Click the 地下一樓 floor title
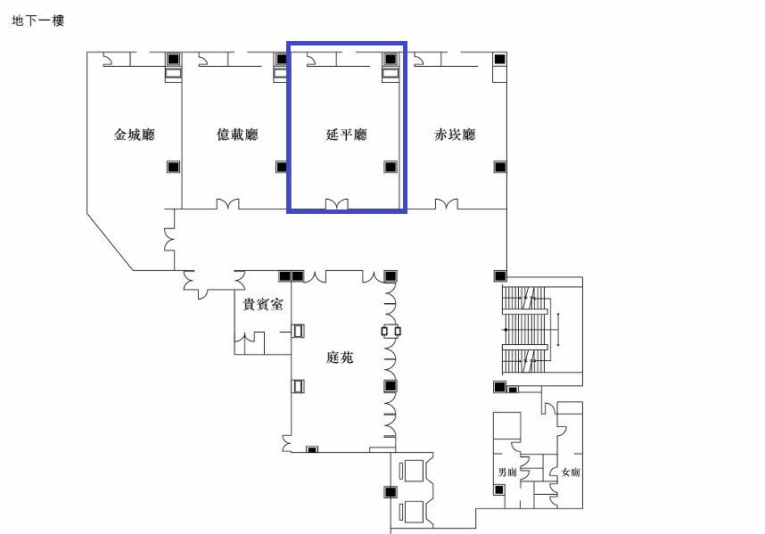pos(38,21)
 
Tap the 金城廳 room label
pos(134,135)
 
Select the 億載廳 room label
pos(237,135)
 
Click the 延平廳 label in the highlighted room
pos(347,135)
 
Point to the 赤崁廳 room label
pos(455,135)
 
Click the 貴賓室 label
pos(263,304)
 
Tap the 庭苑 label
pos(340,357)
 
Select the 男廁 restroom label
pos(507,472)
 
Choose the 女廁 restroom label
pos(571,472)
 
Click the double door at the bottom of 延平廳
pos(337,204)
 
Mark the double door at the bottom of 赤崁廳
pos(447,204)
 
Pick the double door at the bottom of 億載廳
pos(228,204)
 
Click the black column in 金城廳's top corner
pos(173,59)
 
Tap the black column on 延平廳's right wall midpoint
pos(391,167)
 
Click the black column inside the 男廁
pos(498,489)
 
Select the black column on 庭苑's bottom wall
pos(312,449)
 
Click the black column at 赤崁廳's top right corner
pos(499,59)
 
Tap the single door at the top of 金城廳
pos(108,60)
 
